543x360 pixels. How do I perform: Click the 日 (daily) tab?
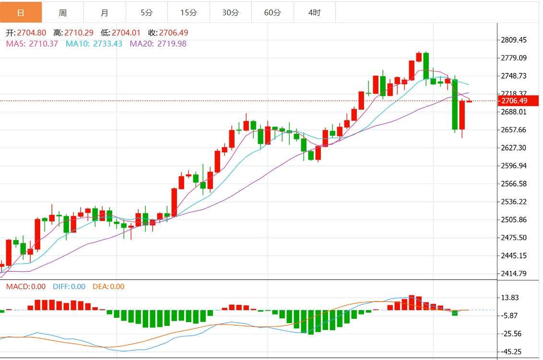[x=21, y=13]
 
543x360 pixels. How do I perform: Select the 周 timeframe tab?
[x=63, y=13]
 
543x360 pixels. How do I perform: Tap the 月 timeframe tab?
[x=105, y=13]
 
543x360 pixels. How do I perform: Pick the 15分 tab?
[x=189, y=13]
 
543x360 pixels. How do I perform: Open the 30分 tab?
[x=231, y=13]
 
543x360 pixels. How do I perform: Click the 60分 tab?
[x=272, y=13]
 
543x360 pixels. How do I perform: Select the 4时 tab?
[x=315, y=13]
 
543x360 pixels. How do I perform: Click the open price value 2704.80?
[x=32, y=33]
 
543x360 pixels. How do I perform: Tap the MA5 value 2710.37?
[x=44, y=44]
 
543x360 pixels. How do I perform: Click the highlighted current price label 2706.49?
[x=514, y=101]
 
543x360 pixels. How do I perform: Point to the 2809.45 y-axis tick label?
[x=514, y=40]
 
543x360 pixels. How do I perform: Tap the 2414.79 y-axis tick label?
[x=514, y=274]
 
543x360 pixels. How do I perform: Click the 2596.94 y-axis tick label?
[x=514, y=166]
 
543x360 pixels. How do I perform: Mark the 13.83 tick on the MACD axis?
[x=510, y=298]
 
